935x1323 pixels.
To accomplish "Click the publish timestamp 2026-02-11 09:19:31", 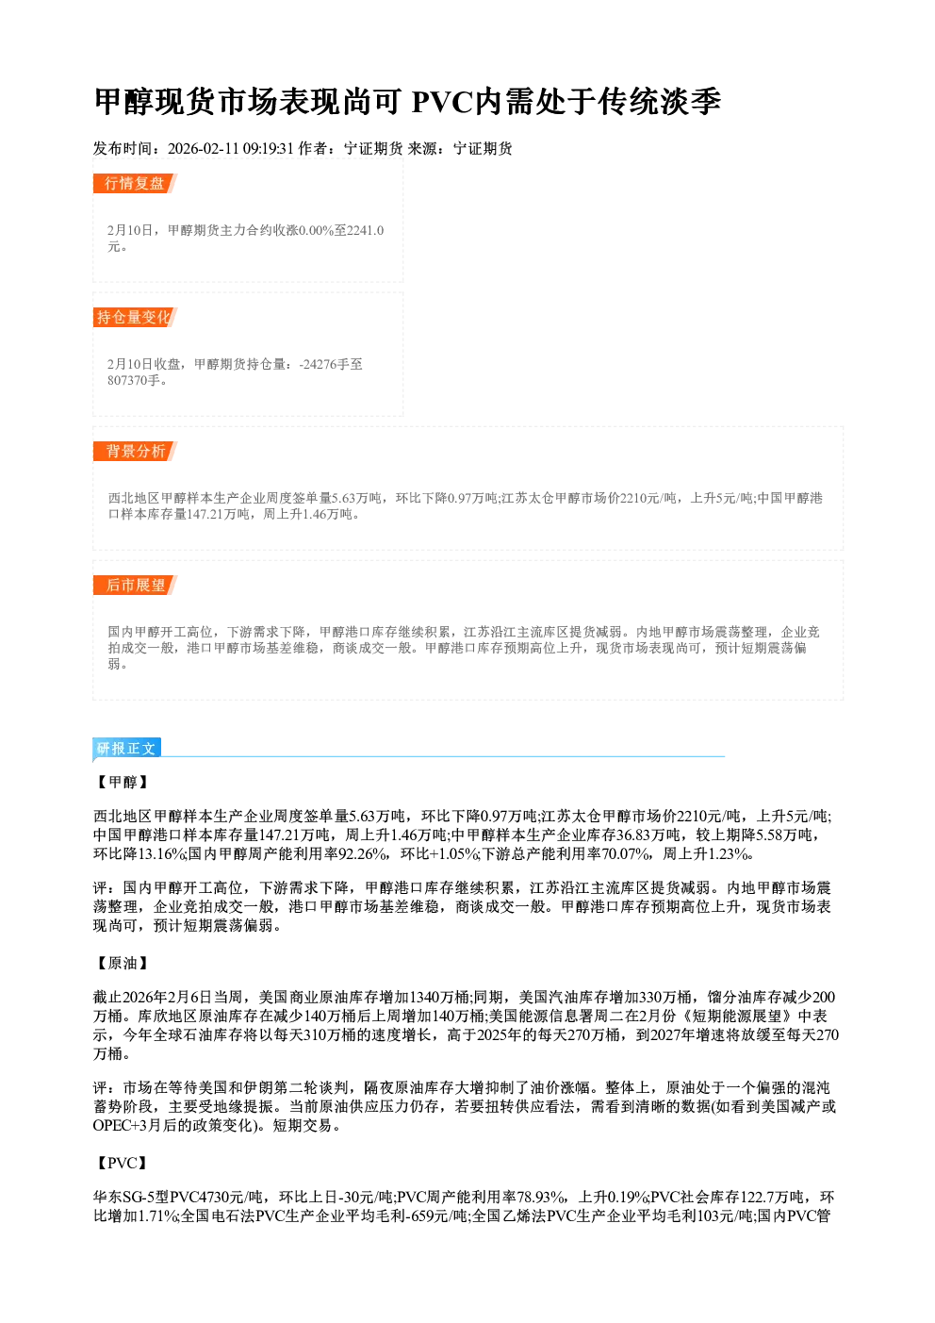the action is [231, 148].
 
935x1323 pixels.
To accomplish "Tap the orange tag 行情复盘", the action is [134, 183].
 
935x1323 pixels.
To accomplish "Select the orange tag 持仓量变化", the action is [134, 317].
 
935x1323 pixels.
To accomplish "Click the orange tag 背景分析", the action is [134, 452].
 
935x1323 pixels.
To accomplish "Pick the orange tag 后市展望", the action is [134, 586].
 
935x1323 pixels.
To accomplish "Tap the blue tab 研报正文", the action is [126, 749].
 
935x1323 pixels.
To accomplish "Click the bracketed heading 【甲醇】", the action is [121, 782].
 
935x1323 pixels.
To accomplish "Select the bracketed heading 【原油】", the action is [121, 964].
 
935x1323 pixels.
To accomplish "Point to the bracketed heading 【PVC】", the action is [121, 1164].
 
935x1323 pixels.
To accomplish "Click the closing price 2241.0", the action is [365, 230].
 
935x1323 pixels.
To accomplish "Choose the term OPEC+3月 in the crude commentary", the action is [127, 1125].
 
